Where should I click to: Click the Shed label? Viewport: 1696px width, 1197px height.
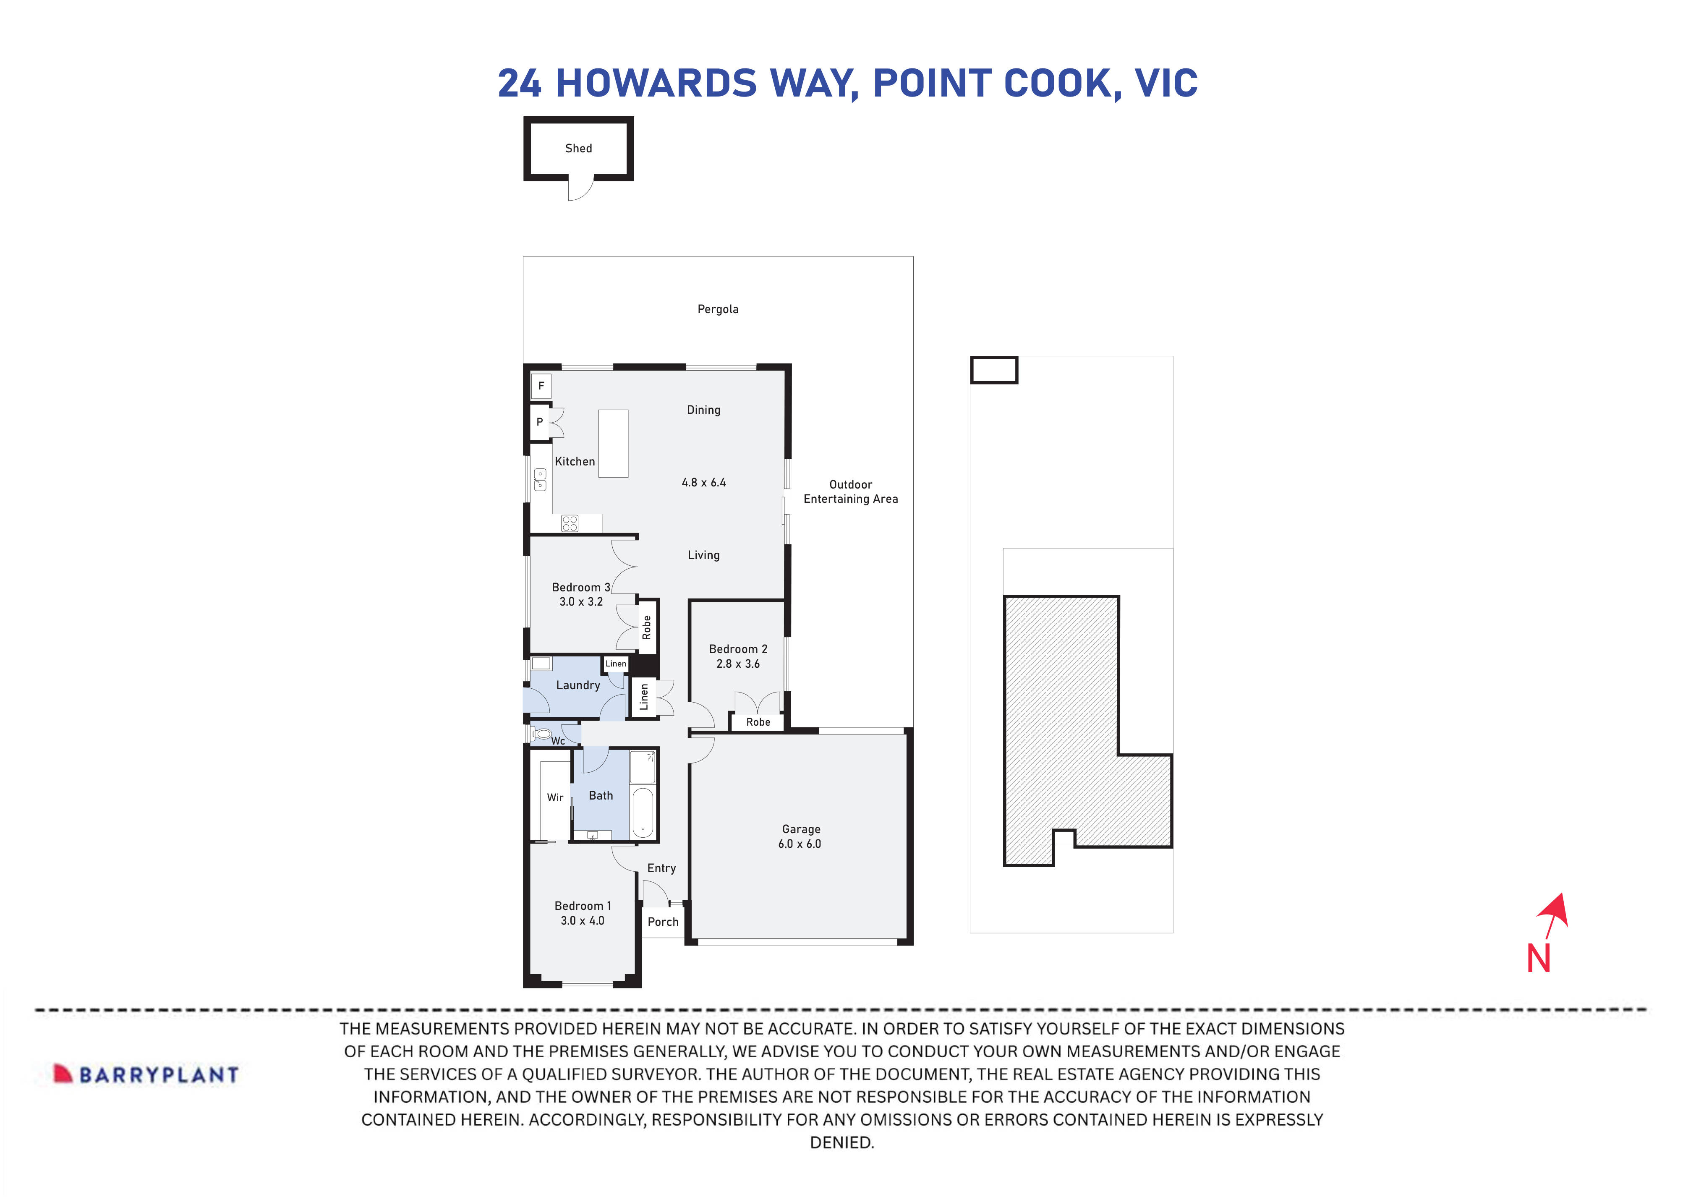578,149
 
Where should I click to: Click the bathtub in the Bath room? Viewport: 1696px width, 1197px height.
643,812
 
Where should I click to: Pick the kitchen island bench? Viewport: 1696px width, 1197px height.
613,443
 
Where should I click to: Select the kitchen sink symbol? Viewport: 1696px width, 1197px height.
540,480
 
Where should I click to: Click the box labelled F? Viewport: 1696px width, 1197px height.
541,386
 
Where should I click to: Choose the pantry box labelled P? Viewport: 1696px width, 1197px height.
540,422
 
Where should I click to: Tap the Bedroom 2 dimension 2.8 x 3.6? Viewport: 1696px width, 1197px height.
738,664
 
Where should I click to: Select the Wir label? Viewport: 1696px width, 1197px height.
555,797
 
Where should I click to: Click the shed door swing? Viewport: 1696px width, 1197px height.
580,189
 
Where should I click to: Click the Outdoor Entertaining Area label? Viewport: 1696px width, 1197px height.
850,491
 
